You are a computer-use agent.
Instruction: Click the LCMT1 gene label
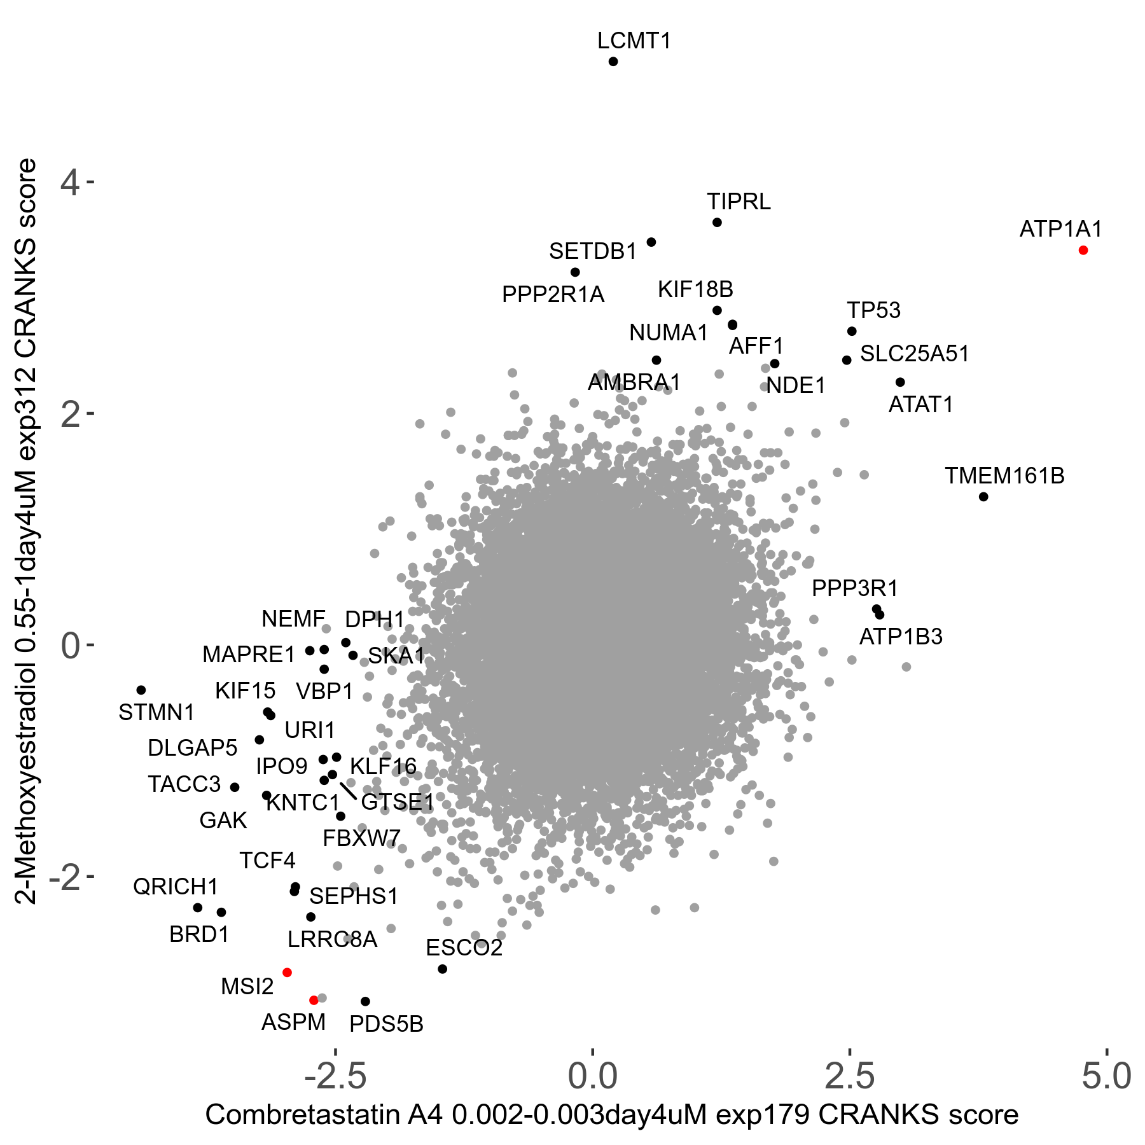coord(634,41)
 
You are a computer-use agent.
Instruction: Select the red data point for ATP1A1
coord(1083,250)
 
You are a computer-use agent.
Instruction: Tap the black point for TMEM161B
coord(983,496)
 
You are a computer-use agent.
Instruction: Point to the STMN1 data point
coord(141,690)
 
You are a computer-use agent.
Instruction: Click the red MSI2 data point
coord(287,973)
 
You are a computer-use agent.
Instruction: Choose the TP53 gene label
coord(873,310)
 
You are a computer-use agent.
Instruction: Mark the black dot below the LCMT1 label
coord(613,62)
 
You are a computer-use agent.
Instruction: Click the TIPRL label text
coord(739,202)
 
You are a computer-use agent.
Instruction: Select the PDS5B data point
coord(365,1001)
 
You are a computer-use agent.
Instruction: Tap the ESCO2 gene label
coord(464,948)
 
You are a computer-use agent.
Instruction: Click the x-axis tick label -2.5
coord(335,1076)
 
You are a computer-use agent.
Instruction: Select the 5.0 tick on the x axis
coord(1107,1076)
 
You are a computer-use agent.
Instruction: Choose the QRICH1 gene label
coord(176,886)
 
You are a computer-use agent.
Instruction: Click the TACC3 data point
coord(235,787)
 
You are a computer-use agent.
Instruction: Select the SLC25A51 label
coord(914,354)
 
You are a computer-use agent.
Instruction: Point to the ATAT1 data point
coord(900,382)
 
